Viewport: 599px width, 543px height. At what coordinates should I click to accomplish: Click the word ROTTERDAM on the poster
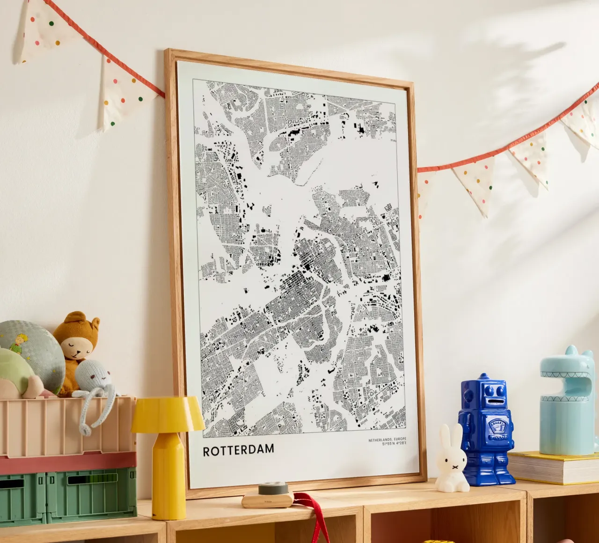click(238, 450)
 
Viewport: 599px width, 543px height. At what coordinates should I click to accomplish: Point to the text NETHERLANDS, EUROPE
click(387, 440)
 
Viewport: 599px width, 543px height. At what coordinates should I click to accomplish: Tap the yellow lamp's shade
click(168, 414)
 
